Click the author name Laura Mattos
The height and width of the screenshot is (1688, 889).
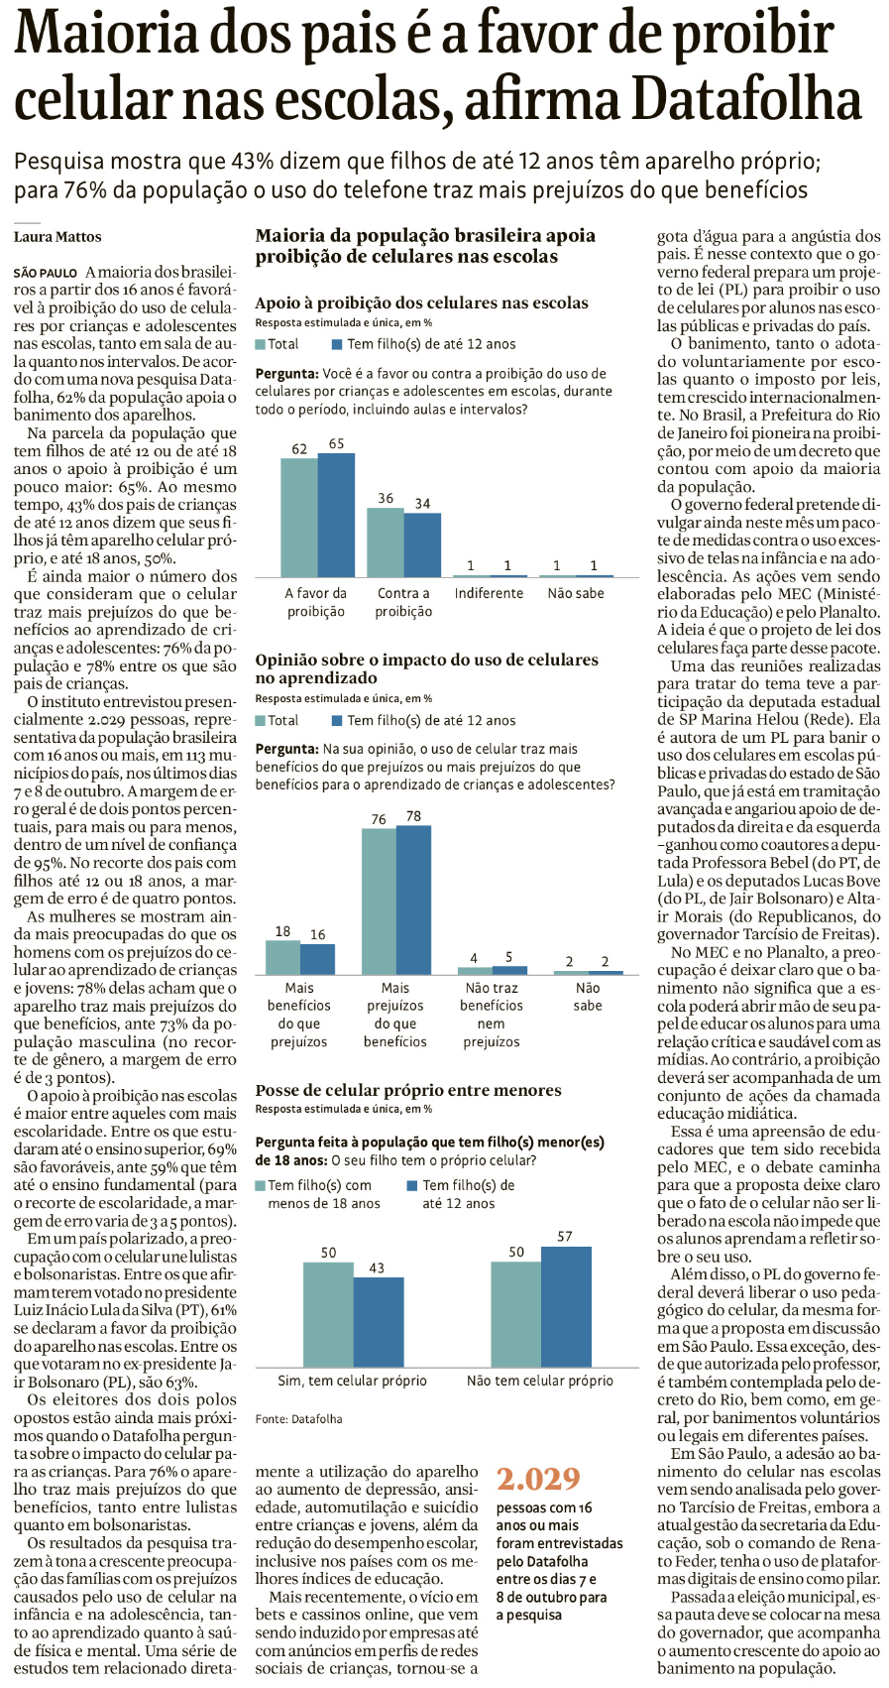point(57,237)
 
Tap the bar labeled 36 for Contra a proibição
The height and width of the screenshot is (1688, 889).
point(386,542)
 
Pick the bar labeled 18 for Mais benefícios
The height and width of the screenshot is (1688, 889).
point(283,957)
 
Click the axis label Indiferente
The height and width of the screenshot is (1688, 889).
point(489,593)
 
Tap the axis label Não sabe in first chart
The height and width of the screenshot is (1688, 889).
point(576,593)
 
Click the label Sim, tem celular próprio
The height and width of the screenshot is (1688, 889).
point(353,1381)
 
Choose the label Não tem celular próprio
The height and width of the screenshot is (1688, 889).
point(540,1381)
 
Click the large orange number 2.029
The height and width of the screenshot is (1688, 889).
point(538,1479)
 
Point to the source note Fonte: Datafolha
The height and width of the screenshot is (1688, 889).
point(298,1419)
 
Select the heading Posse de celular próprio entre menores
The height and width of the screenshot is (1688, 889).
point(408,1090)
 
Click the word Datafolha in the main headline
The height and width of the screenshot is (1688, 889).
point(748,100)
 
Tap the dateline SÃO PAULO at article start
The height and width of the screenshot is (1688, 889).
point(46,273)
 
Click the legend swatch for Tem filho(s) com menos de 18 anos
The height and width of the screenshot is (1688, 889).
point(261,1185)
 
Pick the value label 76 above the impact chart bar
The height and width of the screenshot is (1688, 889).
point(379,819)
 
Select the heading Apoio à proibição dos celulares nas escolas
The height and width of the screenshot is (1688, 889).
point(421,303)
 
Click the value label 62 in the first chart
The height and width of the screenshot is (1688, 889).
point(299,448)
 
